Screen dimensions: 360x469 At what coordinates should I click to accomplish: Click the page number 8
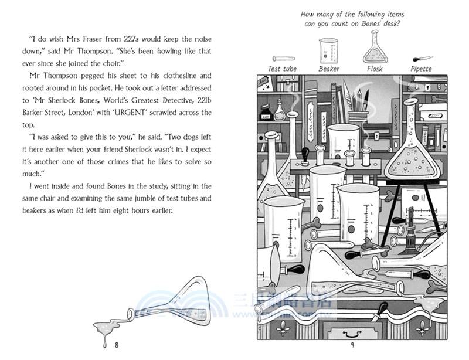[117, 344]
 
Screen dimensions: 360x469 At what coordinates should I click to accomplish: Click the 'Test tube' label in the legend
[283, 69]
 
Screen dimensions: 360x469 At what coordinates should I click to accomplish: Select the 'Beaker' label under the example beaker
[329, 69]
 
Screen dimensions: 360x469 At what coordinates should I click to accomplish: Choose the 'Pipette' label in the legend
[421, 69]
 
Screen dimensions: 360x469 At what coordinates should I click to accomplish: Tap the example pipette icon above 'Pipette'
[422, 59]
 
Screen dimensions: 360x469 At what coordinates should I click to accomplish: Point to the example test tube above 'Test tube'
[283, 59]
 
